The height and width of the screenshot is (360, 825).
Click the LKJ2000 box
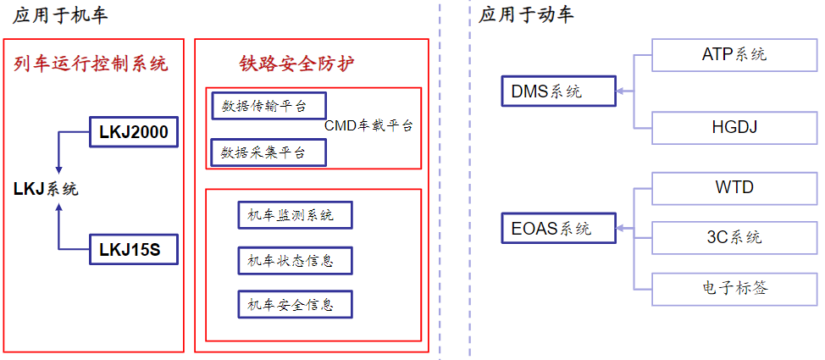coord(134,132)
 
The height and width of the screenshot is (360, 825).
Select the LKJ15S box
coord(134,249)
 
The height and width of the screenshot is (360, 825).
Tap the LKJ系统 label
coord(46,189)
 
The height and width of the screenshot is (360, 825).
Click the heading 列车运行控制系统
coord(91,64)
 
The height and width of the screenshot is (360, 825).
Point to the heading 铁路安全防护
coord(296,64)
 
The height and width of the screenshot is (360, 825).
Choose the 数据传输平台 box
coord(269,106)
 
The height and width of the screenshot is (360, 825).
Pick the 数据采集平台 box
coord(269,152)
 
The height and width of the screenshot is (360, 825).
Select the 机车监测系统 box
coord(295,215)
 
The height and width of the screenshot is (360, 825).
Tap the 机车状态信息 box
coord(295,260)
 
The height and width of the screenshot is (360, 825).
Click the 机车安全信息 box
coord(295,303)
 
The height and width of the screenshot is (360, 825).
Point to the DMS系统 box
coord(557,91)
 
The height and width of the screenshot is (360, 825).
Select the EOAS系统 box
coord(557,229)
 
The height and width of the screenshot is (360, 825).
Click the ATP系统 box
coord(734,55)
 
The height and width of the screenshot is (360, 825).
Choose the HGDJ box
coord(734,127)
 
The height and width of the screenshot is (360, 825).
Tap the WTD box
coord(734,187)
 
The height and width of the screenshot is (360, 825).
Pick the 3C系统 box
coord(734,237)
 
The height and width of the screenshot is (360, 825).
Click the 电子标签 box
coord(734,288)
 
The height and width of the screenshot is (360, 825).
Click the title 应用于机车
coord(61,14)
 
